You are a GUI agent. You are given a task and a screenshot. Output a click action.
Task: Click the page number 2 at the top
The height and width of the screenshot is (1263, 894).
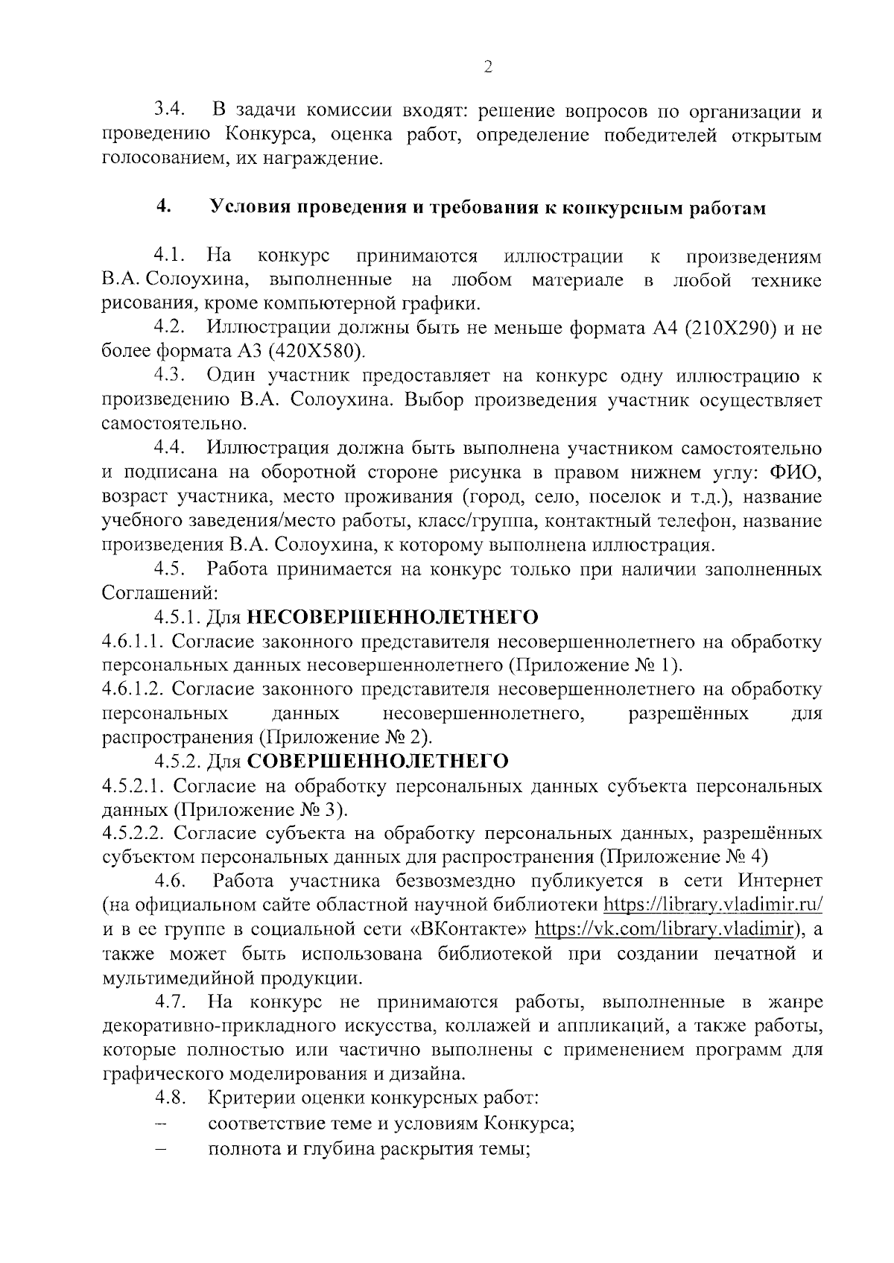point(488,68)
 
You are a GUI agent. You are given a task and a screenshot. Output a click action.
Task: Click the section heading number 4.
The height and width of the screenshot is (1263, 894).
point(164,207)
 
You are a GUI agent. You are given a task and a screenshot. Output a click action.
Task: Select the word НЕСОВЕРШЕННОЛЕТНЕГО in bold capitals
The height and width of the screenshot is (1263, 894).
point(392,617)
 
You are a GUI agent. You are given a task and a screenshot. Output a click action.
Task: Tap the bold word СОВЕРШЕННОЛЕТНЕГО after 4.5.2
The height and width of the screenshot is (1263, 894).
point(377,761)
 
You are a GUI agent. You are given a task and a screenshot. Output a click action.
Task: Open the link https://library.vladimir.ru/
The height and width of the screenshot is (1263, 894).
point(712,905)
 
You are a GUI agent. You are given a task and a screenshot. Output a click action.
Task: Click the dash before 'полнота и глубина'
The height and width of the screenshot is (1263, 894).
point(159,1148)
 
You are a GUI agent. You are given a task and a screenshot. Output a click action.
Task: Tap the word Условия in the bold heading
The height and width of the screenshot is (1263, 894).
point(250,208)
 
